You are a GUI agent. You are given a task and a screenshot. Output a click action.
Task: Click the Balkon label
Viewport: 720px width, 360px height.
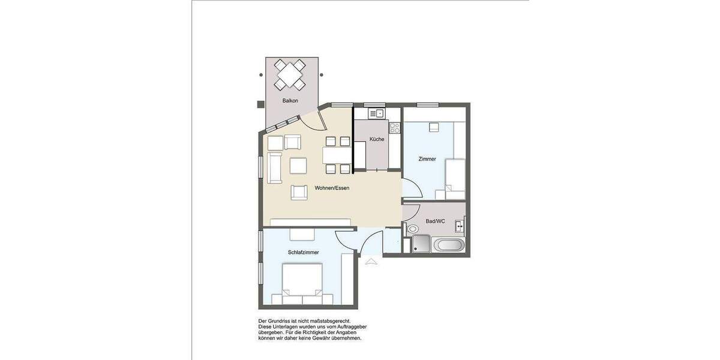[290, 101]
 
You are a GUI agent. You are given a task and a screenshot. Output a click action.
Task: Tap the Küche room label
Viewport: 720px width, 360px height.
[377, 139]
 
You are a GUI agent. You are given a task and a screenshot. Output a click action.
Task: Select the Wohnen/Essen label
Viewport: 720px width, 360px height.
[332, 188]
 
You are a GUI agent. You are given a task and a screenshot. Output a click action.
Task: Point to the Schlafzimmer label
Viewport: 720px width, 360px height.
[303, 253]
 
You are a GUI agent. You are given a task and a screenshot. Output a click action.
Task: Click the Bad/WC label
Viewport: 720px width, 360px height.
[436, 221]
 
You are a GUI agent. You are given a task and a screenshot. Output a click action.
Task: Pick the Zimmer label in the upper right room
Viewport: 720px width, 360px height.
[427, 159]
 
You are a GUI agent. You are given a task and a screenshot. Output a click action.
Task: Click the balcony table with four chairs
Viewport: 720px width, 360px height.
[290, 75]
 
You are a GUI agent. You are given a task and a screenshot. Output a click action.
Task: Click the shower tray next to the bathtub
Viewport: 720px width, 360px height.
[421, 244]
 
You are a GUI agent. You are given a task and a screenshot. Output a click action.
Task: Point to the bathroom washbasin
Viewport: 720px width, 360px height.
[459, 227]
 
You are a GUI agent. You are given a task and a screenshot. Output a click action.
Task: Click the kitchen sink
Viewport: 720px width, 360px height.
[376, 113]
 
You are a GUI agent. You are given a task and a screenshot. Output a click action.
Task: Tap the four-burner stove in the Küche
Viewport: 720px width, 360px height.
[395, 127]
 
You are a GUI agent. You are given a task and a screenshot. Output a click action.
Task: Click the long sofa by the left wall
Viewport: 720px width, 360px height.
[274, 167]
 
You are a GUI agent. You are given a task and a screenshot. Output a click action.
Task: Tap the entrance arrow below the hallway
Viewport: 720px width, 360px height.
[371, 261]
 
